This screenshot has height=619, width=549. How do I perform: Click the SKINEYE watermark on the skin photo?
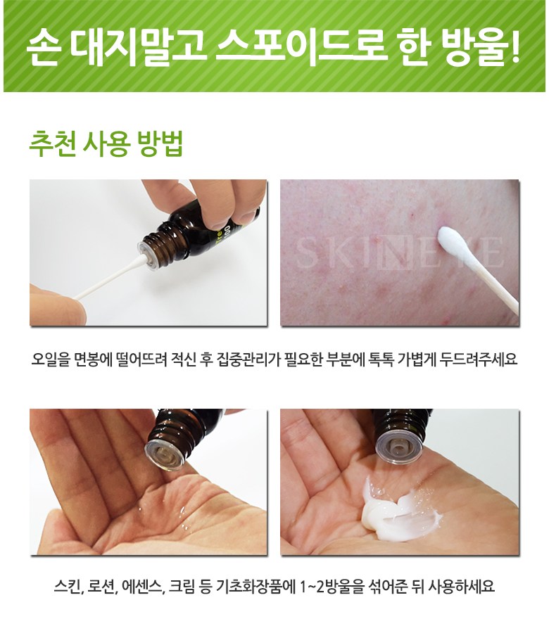[399, 252]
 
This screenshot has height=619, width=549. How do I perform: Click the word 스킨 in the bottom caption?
[68, 587]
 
